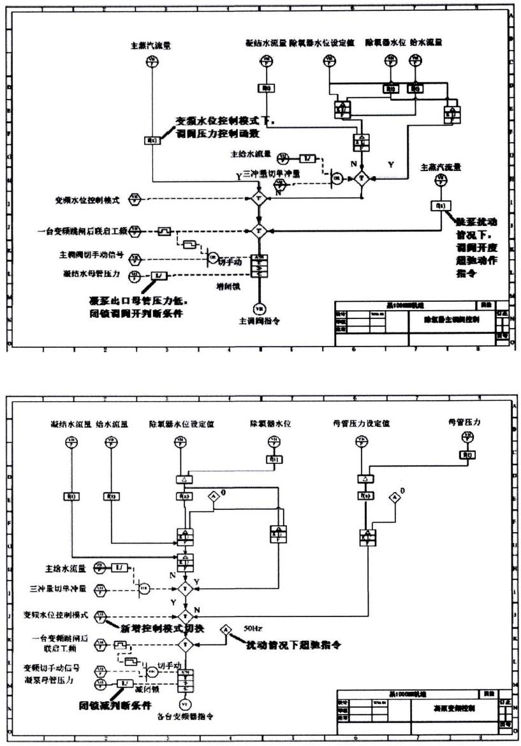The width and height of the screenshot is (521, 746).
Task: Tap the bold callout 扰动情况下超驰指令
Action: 292,645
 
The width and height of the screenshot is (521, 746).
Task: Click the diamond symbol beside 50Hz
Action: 226,630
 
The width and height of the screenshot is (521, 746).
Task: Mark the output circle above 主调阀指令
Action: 260,308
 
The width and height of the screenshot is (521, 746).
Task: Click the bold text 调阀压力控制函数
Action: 213,135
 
